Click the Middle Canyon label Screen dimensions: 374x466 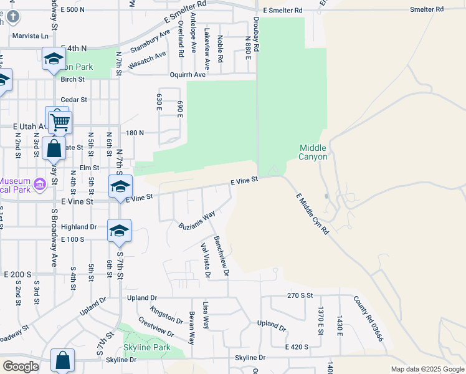pos(313,152)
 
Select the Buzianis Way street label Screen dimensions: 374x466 pos(197,220)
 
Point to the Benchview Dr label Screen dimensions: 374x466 pos(222,256)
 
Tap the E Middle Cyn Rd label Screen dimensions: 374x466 pos(312,212)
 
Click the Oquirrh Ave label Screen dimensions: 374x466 pos(191,75)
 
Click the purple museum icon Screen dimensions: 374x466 pos(40,184)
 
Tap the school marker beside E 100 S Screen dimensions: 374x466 pos(119,231)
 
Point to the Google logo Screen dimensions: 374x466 pos(21,367)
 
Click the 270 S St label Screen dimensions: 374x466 pos(300,295)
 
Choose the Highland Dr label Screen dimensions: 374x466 pos(79,228)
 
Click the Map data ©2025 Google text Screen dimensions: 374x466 pos(427,369)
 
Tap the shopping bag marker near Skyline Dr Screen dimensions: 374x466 pos(62,360)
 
